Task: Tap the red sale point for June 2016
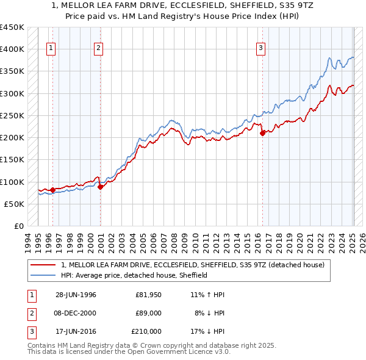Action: [x=262, y=133]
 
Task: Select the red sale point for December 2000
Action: [x=100, y=187]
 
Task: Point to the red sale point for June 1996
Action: [x=52, y=190]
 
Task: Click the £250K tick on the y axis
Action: [x=12, y=115]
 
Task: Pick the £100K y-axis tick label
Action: [x=12, y=182]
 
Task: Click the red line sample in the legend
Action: [x=43, y=265]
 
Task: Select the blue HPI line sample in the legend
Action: [x=43, y=275]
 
